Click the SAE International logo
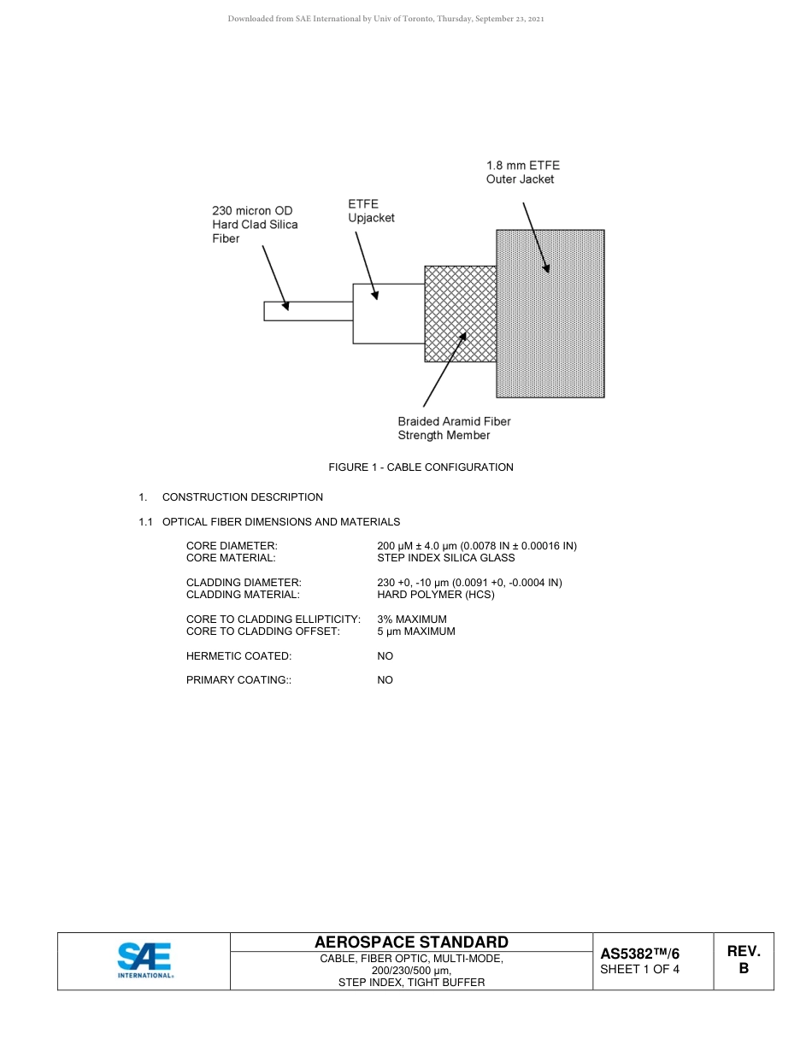click(x=144, y=960)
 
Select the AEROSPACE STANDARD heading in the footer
click(x=411, y=942)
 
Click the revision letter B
click(x=743, y=969)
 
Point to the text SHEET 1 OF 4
click(x=640, y=969)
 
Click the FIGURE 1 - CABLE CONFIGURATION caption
click(x=421, y=467)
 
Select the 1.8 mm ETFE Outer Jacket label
click(x=522, y=172)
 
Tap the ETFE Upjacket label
click(x=371, y=211)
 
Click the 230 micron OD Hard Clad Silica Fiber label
click(x=255, y=225)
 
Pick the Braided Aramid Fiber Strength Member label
click(x=454, y=428)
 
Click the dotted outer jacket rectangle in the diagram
click(x=564, y=342)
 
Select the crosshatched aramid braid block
click(x=460, y=314)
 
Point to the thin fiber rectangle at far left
click(x=308, y=311)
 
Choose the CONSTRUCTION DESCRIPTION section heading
click(x=242, y=497)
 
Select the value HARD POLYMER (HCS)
click(x=435, y=595)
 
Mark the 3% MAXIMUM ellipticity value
click(x=411, y=619)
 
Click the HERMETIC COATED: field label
click(x=238, y=656)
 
